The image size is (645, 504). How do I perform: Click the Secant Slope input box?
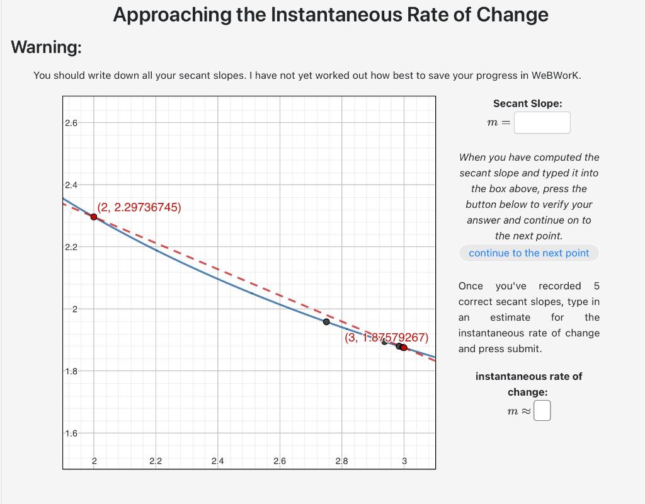pos(542,123)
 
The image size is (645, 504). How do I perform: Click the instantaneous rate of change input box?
pos(542,411)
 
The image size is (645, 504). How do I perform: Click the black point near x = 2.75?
pos(326,322)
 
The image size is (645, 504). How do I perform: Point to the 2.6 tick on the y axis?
pos(71,123)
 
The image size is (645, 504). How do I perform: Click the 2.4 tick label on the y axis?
pos(71,185)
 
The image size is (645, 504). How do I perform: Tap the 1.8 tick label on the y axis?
pos(71,371)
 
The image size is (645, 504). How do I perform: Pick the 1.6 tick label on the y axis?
pos(71,433)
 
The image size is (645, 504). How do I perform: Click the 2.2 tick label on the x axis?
pos(156,461)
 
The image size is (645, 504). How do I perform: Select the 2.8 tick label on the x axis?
pos(341,461)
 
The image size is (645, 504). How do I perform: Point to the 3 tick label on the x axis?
pos(404,461)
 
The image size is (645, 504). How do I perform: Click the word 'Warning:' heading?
pos(47,47)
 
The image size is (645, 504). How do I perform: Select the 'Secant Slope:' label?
pos(528,104)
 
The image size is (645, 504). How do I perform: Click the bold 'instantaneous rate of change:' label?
pos(528,384)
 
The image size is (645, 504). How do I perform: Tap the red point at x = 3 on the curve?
pos(404,348)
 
